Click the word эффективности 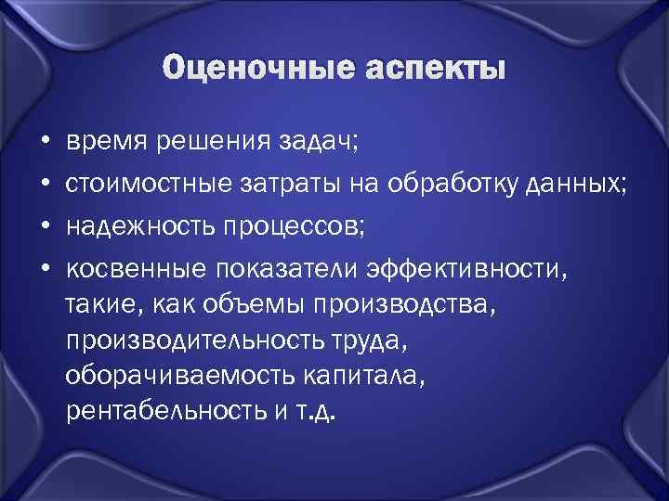tap(464, 269)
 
